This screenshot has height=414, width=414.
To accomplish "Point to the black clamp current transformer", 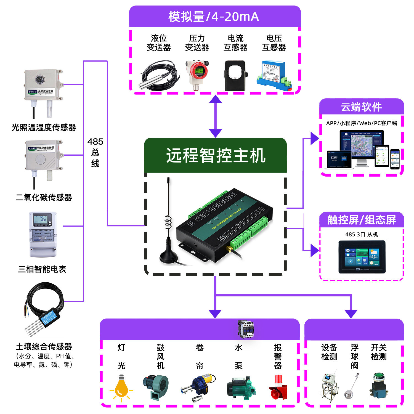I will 235,76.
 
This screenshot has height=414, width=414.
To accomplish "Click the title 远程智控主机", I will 216,155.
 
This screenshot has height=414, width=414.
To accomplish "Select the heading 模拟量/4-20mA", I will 214,17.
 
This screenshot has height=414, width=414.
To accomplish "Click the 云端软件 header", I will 361,107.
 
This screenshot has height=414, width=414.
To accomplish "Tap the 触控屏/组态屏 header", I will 362,220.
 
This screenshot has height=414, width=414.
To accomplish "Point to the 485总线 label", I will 95,152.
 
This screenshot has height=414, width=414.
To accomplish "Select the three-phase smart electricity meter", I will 43,235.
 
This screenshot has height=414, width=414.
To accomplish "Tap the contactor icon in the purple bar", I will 245,329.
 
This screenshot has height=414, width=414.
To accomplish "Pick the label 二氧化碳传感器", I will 44,197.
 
